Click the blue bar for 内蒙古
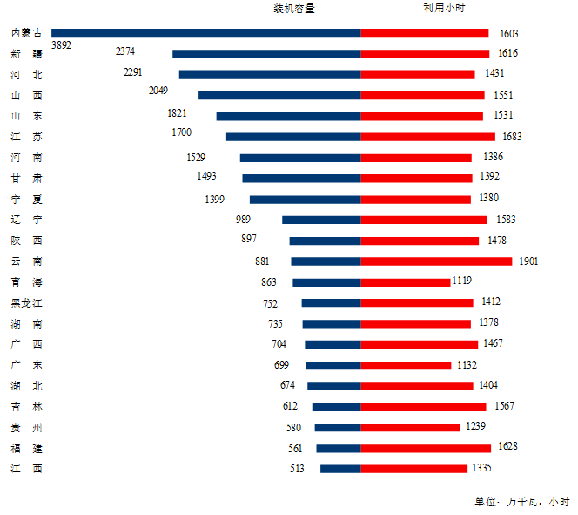click(x=206, y=33)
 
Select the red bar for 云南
click(x=436, y=261)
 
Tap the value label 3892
click(x=62, y=44)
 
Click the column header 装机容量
click(x=293, y=9)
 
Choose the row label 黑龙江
click(x=26, y=303)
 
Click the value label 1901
click(x=529, y=261)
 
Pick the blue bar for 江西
click(x=340, y=469)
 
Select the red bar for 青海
click(x=406, y=282)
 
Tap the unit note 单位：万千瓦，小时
click(x=521, y=501)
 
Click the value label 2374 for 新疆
click(x=125, y=51)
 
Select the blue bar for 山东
click(x=288, y=116)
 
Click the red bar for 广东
click(x=406, y=366)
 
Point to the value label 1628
click(x=507, y=446)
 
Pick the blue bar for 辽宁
click(x=321, y=220)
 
